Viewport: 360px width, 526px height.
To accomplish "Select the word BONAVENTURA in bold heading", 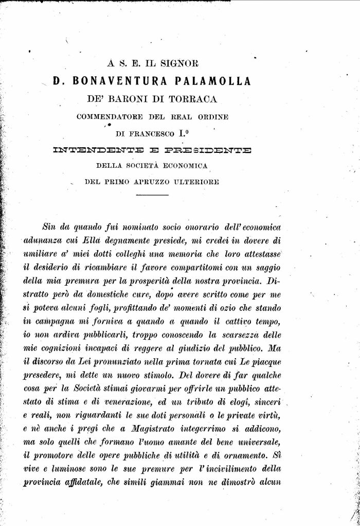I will (x=119, y=81).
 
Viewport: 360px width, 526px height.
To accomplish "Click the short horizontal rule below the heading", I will (x=152, y=196).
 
